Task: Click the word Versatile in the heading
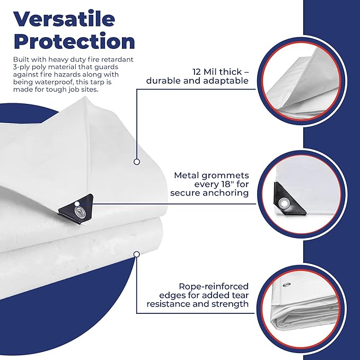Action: click(x=64, y=19)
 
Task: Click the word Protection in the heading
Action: click(x=74, y=41)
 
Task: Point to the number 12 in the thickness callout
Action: click(x=197, y=72)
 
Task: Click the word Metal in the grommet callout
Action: click(x=186, y=175)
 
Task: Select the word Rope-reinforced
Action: click(x=214, y=286)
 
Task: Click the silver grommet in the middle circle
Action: click(x=284, y=204)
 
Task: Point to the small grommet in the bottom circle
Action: click(x=286, y=285)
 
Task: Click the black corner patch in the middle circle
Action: click(x=289, y=200)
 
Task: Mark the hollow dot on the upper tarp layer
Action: click(x=137, y=162)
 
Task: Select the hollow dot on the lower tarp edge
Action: click(x=137, y=254)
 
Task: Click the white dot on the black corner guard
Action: click(x=77, y=204)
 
